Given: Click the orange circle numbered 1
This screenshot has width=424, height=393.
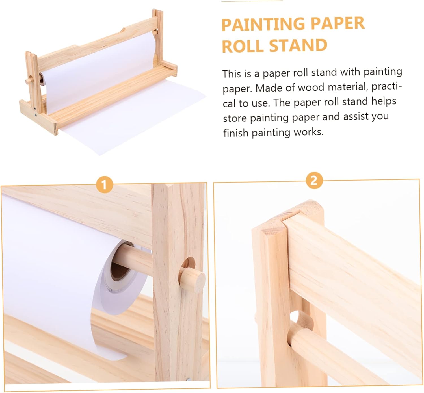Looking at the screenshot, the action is pyautogui.click(x=104, y=185).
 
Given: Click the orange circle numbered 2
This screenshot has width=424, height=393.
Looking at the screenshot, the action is pyautogui.click(x=314, y=181).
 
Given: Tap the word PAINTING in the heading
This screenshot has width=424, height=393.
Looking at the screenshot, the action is pyautogui.click(x=263, y=24).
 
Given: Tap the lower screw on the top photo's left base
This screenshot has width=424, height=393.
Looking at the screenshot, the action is pyautogui.click(x=36, y=116).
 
